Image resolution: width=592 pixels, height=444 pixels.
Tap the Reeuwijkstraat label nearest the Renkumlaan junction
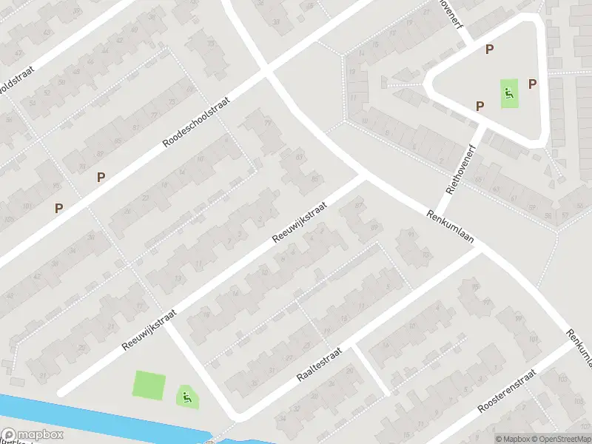tap(299, 223)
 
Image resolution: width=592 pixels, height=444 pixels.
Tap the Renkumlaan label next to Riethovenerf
tap(450, 229)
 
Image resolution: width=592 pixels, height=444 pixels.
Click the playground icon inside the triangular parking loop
tap(509, 93)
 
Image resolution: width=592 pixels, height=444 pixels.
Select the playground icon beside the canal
tap(187, 397)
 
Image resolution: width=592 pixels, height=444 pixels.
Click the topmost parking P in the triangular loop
tap(488, 50)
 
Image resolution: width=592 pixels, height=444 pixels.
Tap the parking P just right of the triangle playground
tap(532, 84)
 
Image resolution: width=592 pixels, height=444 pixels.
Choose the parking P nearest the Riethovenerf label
tap(480, 106)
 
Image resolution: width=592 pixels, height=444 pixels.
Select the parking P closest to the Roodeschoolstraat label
tap(101, 177)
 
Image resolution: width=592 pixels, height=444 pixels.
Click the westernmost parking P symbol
tap(58, 209)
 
